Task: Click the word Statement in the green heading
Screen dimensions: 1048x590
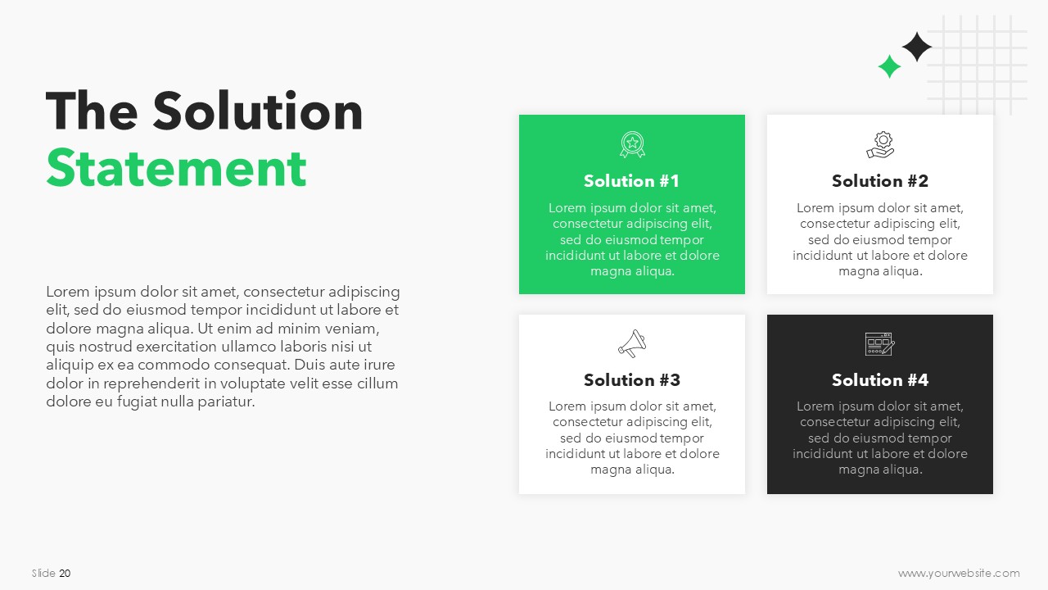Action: click(176, 168)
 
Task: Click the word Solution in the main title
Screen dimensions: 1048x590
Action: click(258, 111)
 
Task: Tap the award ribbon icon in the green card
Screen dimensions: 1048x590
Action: click(632, 144)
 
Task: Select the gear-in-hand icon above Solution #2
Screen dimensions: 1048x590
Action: click(880, 145)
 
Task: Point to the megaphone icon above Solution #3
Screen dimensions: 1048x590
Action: click(632, 343)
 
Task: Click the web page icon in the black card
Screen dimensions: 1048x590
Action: click(880, 344)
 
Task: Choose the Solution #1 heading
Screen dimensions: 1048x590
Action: click(631, 181)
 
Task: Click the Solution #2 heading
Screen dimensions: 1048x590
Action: click(880, 181)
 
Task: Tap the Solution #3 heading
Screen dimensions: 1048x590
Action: click(632, 379)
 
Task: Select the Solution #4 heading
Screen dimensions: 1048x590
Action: click(880, 379)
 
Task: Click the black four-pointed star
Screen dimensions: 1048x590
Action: click(917, 47)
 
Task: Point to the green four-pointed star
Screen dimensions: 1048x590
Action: click(889, 66)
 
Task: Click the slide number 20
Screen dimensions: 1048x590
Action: click(65, 573)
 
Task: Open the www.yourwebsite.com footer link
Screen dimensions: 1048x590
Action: click(959, 573)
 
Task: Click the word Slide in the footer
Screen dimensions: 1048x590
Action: click(43, 573)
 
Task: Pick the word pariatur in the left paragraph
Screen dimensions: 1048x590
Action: click(226, 402)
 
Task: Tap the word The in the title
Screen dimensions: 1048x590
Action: click(92, 111)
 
